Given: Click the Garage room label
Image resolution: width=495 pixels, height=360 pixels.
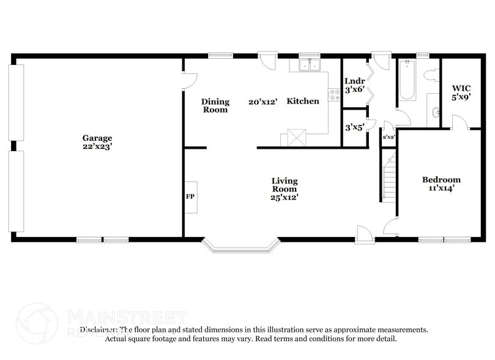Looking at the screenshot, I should pyautogui.click(x=97, y=138).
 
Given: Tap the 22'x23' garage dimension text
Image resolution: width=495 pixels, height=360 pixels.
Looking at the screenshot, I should pyautogui.click(x=97, y=146).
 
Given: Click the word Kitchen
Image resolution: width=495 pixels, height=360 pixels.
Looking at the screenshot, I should pyautogui.click(x=303, y=101).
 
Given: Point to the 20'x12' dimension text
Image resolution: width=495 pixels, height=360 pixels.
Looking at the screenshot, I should pyautogui.click(x=263, y=101).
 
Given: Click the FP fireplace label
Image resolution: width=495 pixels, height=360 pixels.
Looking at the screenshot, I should pyautogui.click(x=190, y=197).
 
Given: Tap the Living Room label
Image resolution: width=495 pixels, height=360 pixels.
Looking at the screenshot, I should pyautogui.click(x=285, y=185).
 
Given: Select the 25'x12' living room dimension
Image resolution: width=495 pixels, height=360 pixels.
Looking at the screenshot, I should pyautogui.click(x=285, y=197).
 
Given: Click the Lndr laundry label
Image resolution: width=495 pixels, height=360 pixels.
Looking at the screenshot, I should pyautogui.click(x=354, y=81).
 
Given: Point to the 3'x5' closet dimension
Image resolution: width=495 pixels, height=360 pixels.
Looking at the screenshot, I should pyautogui.click(x=354, y=128).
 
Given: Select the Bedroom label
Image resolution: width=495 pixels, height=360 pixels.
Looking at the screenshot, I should pyautogui.click(x=441, y=179).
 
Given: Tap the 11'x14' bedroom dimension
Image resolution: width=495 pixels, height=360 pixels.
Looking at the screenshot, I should pyautogui.click(x=441, y=189).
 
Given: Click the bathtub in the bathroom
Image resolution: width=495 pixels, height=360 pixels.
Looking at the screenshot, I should pyautogui.click(x=407, y=82).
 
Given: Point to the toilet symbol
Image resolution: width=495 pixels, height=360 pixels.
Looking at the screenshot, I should pyautogui.click(x=431, y=76).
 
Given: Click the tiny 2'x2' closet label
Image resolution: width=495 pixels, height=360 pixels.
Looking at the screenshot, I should pyautogui.click(x=389, y=137).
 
